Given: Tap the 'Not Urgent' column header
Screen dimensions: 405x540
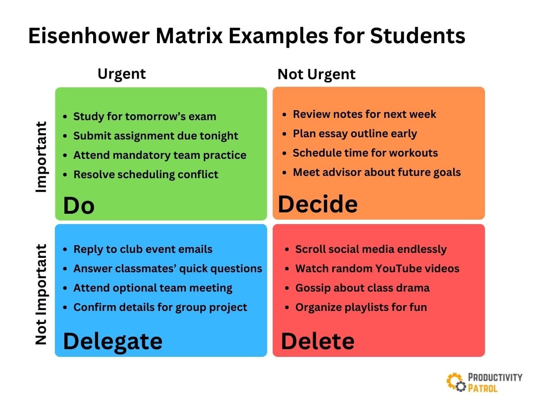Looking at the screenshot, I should [x=316, y=74].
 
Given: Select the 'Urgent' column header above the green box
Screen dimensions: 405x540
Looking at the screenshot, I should [x=121, y=73].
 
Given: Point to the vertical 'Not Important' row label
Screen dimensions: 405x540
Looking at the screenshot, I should [x=41, y=295].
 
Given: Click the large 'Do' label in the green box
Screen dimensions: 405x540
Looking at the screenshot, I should [x=79, y=206].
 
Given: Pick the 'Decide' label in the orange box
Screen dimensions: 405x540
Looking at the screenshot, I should [x=318, y=204].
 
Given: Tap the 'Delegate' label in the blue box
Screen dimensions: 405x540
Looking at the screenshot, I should [x=112, y=341].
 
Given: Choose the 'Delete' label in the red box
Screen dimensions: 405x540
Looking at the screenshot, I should [x=318, y=341].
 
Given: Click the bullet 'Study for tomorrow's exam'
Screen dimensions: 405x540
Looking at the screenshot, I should [x=144, y=117].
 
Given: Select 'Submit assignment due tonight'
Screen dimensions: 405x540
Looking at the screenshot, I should [x=156, y=136].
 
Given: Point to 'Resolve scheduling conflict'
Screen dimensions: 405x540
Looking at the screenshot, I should [x=146, y=175].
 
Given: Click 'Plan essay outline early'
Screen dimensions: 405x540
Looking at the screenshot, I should [x=355, y=134].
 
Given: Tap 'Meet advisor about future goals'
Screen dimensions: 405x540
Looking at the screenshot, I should [x=377, y=172].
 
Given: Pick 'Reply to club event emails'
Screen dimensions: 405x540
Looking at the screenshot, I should [x=143, y=249].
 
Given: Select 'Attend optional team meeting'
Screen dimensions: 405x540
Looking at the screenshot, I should [x=153, y=288].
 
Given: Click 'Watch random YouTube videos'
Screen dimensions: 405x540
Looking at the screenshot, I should [x=377, y=269].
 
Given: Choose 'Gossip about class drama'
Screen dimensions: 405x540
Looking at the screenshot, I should [x=362, y=288].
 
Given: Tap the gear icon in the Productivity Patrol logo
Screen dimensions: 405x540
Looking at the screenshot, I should [x=455, y=381].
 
